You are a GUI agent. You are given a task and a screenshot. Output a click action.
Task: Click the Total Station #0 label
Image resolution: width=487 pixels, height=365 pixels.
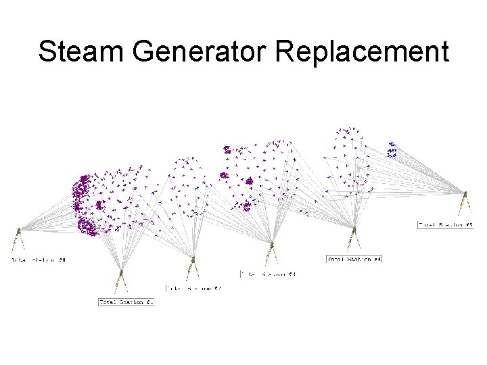[39, 260]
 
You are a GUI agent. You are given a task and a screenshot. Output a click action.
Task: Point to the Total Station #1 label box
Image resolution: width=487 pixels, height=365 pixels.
[126, 302]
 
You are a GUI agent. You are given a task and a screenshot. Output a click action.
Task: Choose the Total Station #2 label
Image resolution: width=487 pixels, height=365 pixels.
[193, 289]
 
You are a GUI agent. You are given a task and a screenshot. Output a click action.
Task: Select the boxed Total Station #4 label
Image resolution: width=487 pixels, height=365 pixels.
[354, 259]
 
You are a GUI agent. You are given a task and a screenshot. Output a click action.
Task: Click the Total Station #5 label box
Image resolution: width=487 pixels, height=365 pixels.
[445, 224]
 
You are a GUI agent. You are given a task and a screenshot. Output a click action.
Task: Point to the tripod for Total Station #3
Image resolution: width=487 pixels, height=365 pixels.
[272, 251]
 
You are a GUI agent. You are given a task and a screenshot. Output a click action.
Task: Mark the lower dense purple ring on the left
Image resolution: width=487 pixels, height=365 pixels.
[87, 225]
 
